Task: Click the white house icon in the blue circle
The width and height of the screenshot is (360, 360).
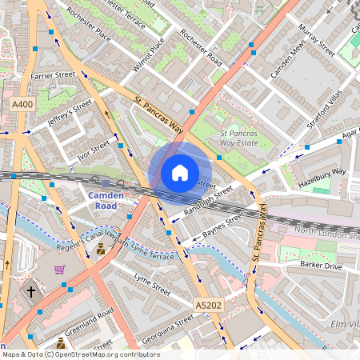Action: (180, 173)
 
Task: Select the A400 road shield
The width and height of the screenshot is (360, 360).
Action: (23, 105)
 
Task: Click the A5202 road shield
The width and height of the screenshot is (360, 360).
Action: (208, 304)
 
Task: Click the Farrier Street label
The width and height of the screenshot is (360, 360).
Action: (53, 75)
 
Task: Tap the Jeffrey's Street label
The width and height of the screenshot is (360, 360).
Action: (70, 115)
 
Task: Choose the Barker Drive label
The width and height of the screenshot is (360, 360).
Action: (321, 264)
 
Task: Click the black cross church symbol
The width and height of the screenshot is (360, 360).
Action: (31, 293)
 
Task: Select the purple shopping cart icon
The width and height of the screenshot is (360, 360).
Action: (59, 270)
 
